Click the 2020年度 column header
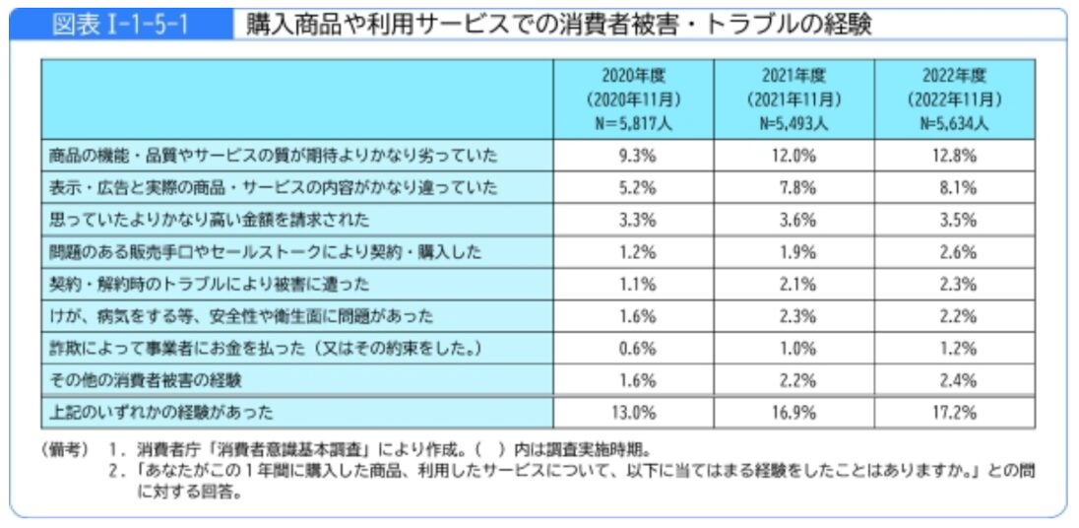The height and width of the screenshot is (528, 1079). (x=633, y=75)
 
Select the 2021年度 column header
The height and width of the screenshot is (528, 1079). (x=793, y=75)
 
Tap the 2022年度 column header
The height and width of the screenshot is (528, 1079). (x=954, y=75)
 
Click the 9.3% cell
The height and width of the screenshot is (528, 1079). (x=634, y=156)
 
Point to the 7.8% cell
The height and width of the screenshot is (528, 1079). (x=793, y=187)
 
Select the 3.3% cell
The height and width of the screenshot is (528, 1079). (x=634, y=220)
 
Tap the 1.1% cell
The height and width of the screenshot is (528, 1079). (x=634, y=284)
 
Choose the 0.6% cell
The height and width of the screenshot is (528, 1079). (x=634, y=348)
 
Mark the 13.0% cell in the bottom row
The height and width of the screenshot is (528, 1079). (x=634, y=413)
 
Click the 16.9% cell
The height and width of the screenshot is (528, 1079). (x=793, y=413)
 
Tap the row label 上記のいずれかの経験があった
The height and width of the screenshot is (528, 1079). (x=160, y=413)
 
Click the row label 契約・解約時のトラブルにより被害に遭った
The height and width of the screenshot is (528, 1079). (x=209, y=284)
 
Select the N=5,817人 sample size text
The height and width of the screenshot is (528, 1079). (x=633, y=124)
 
